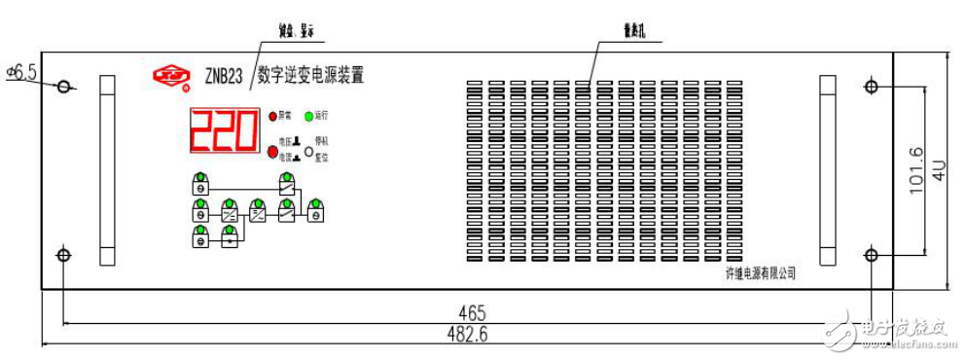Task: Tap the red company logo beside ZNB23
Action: tap(171, 75)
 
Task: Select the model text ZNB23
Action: tap(224, 77)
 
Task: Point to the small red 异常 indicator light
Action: tap(274, 117)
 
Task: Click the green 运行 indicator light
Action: tap(308, 117)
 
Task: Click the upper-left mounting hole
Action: tap(64, 87)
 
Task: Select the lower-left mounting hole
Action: tap(64, 255)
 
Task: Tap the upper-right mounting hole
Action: tap(872, 87)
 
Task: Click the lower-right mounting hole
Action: tap(872, 255)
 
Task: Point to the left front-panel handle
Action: tap(105, 170)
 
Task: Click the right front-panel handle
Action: tap(829, 170)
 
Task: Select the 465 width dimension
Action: tap(471, 312)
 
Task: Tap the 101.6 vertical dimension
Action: tap(915, 171)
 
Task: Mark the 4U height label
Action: tap(939, 171)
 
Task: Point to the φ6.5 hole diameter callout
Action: tap(21, 73)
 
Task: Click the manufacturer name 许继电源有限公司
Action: tap(754, 274)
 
